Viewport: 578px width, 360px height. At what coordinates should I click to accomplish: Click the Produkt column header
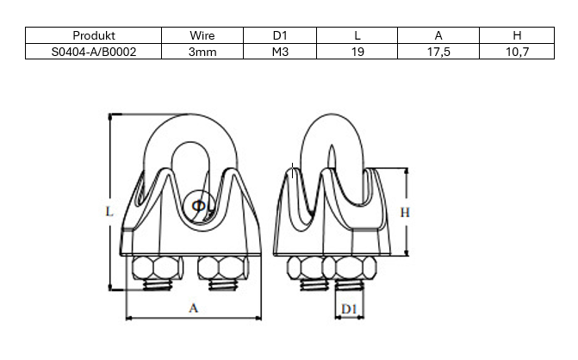[x=94, y=36]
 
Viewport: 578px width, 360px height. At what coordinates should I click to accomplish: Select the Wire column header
[x=202, y=36]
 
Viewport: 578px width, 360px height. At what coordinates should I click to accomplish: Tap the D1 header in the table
[x=280, y=36]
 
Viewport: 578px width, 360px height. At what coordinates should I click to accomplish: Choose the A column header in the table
[x=438, y=36]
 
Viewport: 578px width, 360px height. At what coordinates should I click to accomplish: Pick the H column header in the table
[x=516, y=36]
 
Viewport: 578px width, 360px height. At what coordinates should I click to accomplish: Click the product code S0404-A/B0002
[x=94, y=52]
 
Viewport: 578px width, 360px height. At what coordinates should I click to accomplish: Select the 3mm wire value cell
[x=202, y=52]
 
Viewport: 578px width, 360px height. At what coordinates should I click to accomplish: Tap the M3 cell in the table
[x=280, y=52]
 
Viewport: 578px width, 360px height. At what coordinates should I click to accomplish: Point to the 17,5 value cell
[x=438, y=52]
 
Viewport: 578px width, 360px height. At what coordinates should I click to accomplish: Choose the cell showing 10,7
[x=516, y=52]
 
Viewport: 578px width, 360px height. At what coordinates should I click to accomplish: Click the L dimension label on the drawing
[x=109, y=209]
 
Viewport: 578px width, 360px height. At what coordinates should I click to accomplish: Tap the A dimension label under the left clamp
[x=193, y=307]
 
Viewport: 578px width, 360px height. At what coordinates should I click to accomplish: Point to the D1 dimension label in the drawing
[x=348, y=308]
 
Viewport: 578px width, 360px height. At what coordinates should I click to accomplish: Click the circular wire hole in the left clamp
[x=197, y=206]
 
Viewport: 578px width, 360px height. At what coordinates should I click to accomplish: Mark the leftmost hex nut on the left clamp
[x=156, y=268]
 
